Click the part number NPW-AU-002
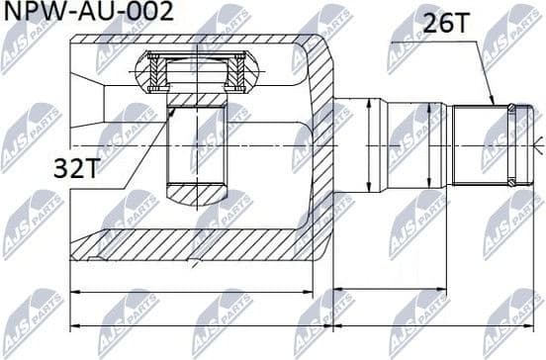(x=89, y=13)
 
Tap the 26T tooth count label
(x=446, y=24)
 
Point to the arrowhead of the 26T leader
(x=493, y=102)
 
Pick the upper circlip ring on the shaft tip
(x=510, y=108)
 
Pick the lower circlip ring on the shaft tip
(x=510, y=182)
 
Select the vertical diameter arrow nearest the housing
(x=368, y=144)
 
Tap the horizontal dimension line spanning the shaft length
(x=435, y=291)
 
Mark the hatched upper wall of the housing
(x=198, y=44)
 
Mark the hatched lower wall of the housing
(x=198, y=242)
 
